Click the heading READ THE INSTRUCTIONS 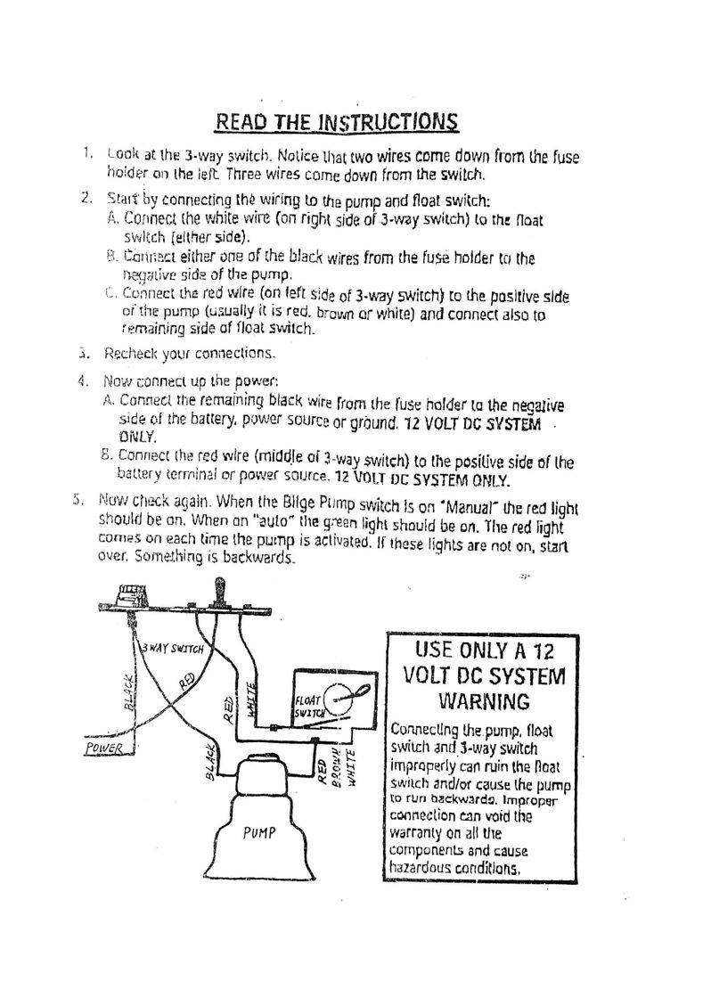pos(338,121)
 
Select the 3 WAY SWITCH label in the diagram pos(175,648)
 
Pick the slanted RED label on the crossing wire pos(188,683)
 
